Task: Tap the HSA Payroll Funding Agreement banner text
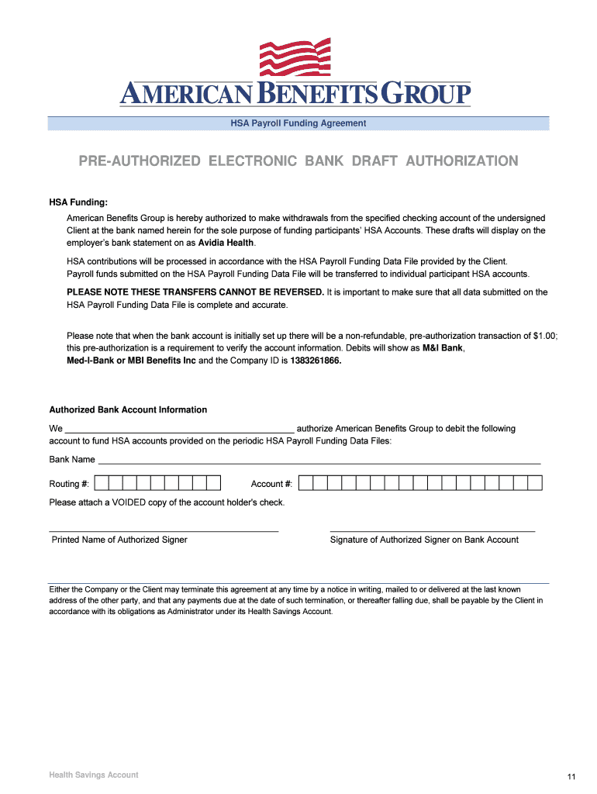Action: click(298, 123)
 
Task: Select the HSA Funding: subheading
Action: click(78, 202)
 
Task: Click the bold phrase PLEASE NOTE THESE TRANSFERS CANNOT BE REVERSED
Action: click(195, 292)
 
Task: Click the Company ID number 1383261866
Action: click(316, 361)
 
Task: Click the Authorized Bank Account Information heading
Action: click(128, 409)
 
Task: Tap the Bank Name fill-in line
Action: click(318, 462)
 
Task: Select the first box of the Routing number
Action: click(99, 484)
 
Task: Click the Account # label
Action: click(271, 484)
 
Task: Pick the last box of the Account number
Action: click(534, 484)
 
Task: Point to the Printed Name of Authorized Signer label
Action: click(119, 540)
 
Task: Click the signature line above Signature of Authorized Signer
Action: click(432, 531)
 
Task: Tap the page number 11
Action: click(571, 777)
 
